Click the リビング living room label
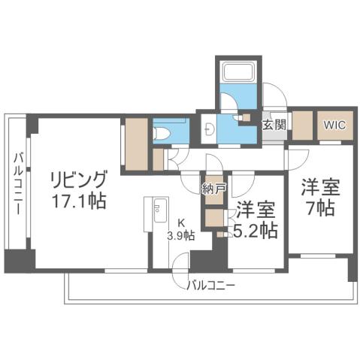point(79,181)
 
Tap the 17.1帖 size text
point(79,201)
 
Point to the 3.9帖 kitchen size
point(180,235)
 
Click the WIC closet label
point(334,125)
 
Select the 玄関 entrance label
point(273,125)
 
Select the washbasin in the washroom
point(209,128)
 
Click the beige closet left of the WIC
point(302,125)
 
